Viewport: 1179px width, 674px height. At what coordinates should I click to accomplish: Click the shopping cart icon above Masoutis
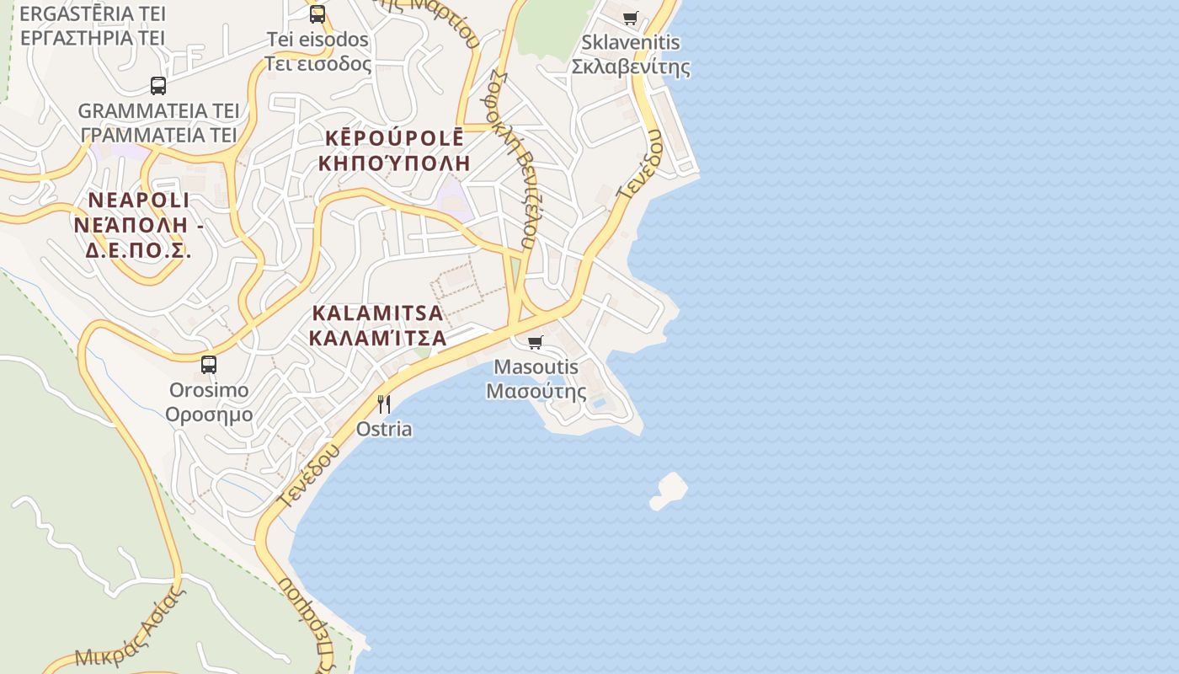pos(535,342)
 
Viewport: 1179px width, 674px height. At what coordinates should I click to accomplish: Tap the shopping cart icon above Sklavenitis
pos(631,18)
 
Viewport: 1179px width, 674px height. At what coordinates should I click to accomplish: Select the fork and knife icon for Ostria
pos(384,404)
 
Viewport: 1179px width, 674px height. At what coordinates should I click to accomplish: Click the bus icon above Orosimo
pos(209,365)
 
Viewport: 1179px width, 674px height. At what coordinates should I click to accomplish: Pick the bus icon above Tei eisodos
pos(317,13)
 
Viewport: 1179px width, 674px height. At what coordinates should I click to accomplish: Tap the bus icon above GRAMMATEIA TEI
pos(158,85)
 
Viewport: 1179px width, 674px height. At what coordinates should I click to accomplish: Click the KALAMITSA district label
pos(377,313)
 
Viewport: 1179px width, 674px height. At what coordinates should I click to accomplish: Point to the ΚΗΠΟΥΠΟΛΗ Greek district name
pos(394,163)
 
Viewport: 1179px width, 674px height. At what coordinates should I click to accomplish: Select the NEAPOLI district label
pos(139,201)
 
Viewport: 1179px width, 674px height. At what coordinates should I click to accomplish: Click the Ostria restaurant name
pos(384,429)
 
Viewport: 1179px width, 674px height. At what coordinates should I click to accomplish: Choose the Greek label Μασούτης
pos(536,391)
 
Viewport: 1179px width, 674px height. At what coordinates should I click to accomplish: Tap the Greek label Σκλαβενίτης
pos(631,67)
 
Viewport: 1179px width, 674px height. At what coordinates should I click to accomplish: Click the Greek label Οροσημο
pos(209,415)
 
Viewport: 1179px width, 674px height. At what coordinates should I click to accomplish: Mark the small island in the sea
pos(670,490)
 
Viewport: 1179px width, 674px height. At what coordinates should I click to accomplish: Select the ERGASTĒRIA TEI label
pos(93,13)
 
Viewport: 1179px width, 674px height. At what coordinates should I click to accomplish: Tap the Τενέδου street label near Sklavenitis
pos(640,168)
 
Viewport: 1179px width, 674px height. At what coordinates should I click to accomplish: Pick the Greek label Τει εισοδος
pos(318,63)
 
